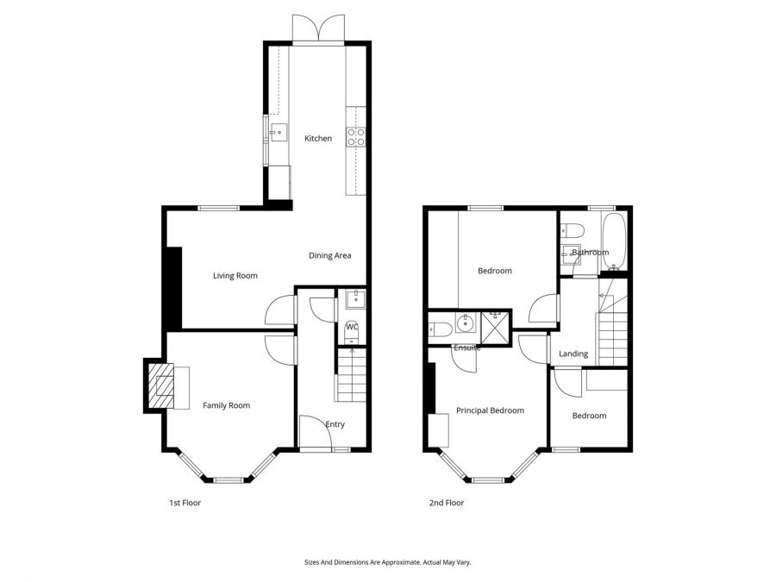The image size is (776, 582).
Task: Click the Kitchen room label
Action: coord(317,138)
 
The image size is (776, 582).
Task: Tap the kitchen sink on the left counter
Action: coord(278,132)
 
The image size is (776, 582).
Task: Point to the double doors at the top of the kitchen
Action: coord(319,28)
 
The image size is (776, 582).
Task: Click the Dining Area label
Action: coord(330,255)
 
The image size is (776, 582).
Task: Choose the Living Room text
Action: coord(235,276)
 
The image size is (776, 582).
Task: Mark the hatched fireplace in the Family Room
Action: coord(161,385)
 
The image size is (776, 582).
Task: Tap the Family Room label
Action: coord(226,405)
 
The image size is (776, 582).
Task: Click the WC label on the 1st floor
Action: coord(351,327)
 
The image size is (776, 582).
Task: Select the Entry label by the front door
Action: coord(335,424)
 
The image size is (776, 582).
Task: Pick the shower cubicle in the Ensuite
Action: coord(497,327)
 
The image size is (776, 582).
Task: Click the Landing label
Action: coord(573,354)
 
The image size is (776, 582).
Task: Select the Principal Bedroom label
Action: coord(490,410)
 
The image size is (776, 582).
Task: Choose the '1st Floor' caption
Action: coord(185,503)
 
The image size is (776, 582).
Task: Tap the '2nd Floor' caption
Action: coord(447,503)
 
